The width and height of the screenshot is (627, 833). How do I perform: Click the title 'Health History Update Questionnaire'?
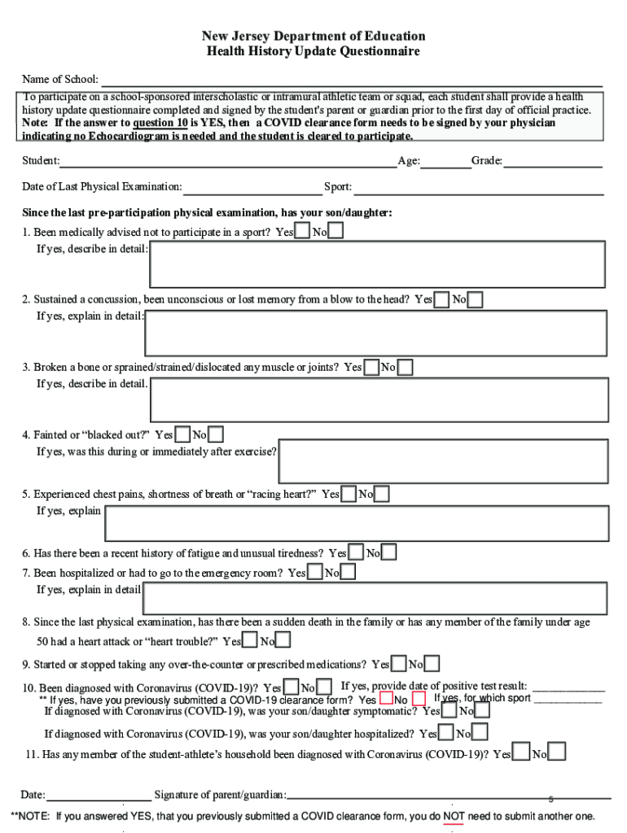pos(313,52)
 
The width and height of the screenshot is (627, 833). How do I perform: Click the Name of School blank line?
pos(350,81)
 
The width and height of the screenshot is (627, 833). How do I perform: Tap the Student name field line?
pos(227,162)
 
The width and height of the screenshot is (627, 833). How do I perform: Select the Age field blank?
pos(445,162)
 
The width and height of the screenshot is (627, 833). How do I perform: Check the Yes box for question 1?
pos(302,233)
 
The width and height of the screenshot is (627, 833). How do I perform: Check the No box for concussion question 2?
pos(475,300)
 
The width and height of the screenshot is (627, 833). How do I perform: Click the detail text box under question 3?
pos(379,399)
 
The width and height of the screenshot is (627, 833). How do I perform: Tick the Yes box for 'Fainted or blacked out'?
pos(182,435)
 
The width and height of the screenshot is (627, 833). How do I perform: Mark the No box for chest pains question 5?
pos(381,494)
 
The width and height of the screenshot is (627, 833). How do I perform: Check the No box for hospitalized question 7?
pos(348,573)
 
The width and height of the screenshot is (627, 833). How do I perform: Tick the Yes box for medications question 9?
pos(399,665)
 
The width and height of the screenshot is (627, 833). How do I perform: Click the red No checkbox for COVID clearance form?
pos(419,699)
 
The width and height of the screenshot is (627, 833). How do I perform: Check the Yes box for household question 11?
pos(522,753)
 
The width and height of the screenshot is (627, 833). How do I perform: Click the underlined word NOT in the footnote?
pos(454,816)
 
